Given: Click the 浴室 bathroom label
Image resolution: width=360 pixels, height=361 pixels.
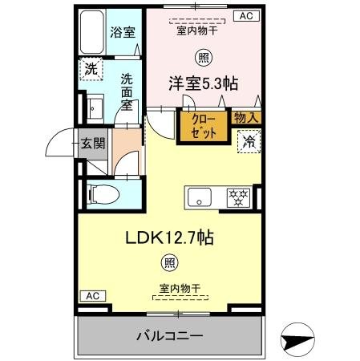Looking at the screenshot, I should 123,34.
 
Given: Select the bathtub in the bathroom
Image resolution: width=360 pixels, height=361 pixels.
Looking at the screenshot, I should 92,33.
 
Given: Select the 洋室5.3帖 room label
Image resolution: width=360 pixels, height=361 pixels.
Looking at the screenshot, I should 202,83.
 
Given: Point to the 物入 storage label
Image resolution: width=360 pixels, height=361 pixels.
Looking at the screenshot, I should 245,117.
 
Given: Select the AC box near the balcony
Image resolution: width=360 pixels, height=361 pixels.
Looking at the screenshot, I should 92,296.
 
